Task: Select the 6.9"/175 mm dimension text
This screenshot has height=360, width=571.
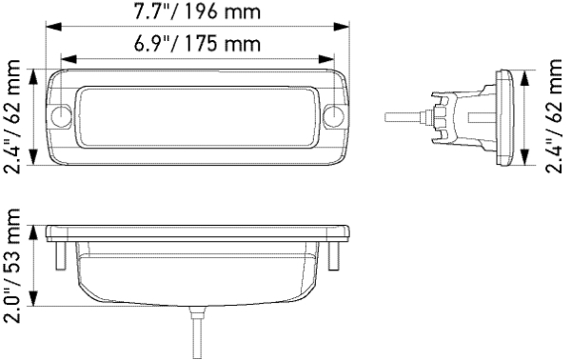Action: click(197, 45)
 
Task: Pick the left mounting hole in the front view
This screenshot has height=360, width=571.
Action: click(63, 117)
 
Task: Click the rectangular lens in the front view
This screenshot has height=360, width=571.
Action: click(197, 116)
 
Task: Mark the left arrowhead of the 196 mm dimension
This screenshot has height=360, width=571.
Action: click(50, 28)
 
